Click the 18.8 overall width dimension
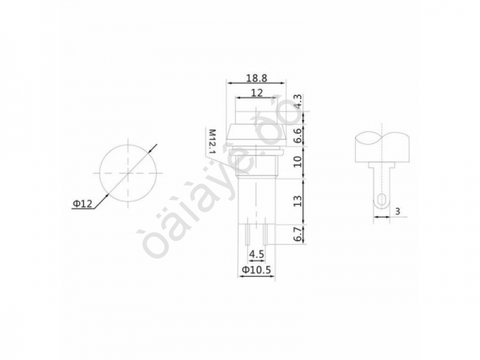tap(256, 78)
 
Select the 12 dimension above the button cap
tap(257, 94)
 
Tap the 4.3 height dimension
tap(298, 102)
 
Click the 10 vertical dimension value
tap(298, 163)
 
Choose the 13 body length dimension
tap(298, 199)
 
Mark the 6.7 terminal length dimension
tap(298, 233)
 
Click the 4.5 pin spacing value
tap(257, 254)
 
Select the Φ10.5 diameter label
tap(257, 270)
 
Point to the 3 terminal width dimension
tap(398, 212)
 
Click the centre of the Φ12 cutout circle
tap(127, 172)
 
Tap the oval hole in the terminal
tap(382, 199)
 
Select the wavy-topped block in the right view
tap(382, 146)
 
